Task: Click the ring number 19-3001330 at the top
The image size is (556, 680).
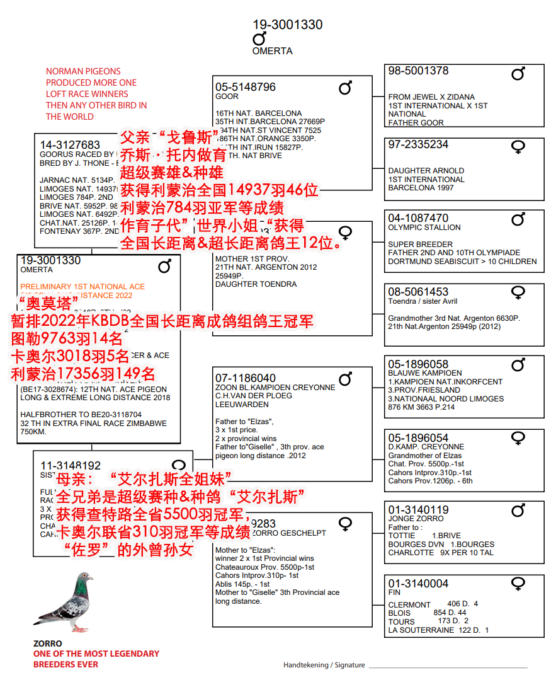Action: tap(288, 25)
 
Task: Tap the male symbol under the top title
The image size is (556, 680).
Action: tap(259, 39)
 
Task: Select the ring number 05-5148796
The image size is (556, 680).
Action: tap(246, 87)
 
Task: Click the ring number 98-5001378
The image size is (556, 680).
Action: tap(418, 71)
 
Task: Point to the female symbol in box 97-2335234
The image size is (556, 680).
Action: tap(518, 147)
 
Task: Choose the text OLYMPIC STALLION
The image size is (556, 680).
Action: tap(424, 228)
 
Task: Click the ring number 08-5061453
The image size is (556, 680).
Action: tap(418, 292)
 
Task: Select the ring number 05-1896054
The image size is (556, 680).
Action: tap(418, 438)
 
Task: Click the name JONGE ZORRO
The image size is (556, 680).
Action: tap(416, 519)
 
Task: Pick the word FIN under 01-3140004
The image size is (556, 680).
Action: tap(394, 592)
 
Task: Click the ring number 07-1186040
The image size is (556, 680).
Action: tap(246, 379)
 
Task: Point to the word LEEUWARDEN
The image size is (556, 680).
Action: tap(241, 405)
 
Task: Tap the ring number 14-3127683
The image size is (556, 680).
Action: tap(70, 145)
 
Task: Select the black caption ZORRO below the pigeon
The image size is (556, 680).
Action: tap(47, 643)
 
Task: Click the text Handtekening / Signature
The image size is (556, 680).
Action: tap(324, 665)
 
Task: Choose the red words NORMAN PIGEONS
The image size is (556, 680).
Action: tap(83, 71)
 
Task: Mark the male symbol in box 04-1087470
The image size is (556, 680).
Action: tap(518, 219)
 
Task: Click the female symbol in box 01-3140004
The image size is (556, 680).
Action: tap(518, 585)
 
